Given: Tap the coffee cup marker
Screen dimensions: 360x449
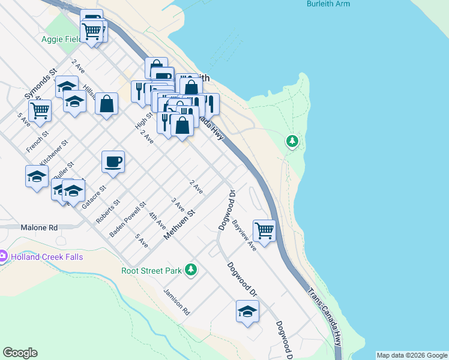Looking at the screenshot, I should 113,161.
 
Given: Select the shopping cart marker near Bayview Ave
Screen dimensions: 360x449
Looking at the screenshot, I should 264,230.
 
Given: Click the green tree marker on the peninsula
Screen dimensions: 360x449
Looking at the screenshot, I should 292,142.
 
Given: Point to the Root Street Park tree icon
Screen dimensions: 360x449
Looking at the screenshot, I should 191,270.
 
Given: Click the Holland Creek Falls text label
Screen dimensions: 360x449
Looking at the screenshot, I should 46,257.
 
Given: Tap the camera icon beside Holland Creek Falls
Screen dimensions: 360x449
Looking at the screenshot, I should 2,257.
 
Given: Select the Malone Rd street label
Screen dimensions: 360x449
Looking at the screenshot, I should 38,228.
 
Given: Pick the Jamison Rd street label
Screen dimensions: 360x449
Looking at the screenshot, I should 176,302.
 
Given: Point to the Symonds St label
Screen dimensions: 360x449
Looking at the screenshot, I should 40,83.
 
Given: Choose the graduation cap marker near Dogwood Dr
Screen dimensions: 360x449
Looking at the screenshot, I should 247,311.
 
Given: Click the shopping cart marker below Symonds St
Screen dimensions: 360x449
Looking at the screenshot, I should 40,110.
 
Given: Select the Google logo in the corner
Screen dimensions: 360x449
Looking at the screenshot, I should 20,353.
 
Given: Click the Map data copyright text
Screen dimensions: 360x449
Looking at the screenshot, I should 411,355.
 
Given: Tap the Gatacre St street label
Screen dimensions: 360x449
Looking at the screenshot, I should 94,197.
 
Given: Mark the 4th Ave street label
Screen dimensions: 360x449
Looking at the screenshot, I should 157,220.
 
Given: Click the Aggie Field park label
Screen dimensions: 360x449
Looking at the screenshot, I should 61,40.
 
